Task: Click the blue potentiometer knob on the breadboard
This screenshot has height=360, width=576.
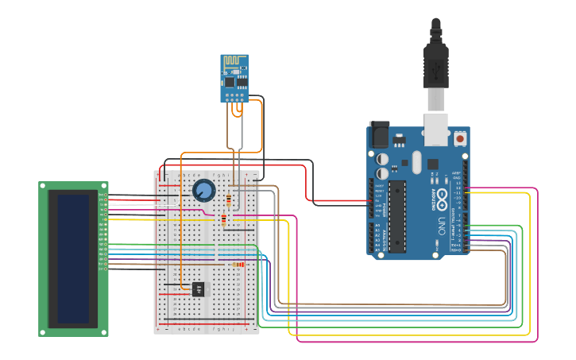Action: (x=203, y=190)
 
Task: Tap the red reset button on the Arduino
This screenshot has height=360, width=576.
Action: (x=459, y=138)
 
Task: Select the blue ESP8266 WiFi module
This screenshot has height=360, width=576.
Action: (x=234, y=78)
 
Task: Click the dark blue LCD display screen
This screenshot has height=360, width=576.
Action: (x=73, y=258)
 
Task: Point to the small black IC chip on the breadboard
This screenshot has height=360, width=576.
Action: (x=198, y=288)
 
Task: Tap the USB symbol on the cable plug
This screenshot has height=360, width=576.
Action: (x=436, y=72)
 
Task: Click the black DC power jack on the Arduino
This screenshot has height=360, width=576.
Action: (x=380, y=134)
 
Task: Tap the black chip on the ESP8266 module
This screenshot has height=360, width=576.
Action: (x=230, y=80)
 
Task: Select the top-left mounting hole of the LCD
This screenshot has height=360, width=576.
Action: (x=43, y=186)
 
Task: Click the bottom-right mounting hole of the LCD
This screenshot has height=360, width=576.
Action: (x=104, y=331)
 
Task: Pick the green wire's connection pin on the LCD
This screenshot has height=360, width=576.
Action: (x=103, y=244)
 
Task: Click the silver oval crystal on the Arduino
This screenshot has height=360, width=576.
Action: (x=414, y=164)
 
